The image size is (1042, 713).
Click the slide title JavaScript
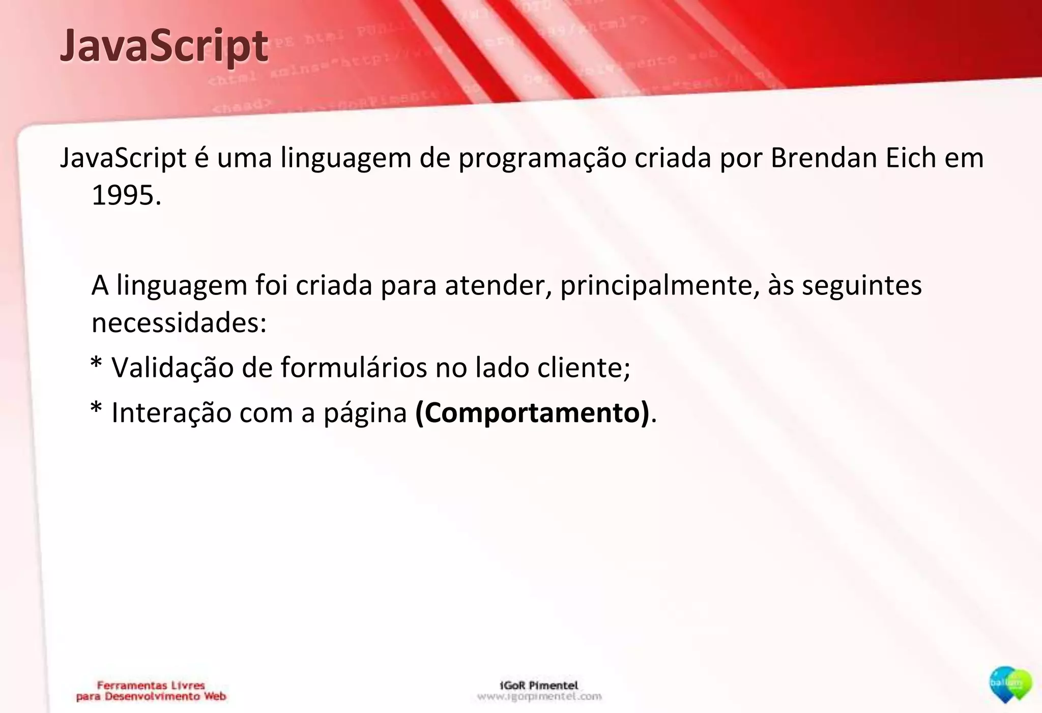click(163, 47)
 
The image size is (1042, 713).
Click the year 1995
click(126, 195)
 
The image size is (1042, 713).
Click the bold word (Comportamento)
click(532, 412)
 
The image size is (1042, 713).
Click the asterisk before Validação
click(96, 365)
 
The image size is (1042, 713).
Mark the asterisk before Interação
click(96, 410)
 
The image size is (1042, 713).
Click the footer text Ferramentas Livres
click(151, 686)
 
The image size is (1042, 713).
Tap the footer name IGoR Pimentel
click(539, 685)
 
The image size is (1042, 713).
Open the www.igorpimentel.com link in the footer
click(539, 696)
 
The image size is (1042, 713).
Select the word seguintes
click(862, 286)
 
